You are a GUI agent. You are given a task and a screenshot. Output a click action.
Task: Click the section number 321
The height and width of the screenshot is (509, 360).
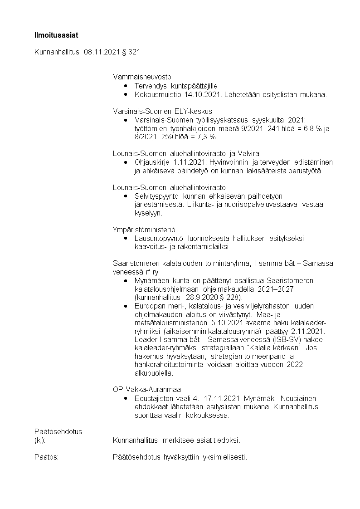[134, 52]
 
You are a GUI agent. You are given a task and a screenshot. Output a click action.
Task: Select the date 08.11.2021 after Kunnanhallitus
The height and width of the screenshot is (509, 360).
[101, 52]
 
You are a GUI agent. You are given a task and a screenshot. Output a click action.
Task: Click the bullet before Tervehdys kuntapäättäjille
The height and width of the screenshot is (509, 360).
[126, 86]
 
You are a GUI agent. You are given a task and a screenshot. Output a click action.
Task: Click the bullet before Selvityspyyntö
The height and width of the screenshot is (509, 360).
[126, 196]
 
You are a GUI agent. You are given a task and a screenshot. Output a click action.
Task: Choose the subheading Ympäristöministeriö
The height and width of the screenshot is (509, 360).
[144, 230]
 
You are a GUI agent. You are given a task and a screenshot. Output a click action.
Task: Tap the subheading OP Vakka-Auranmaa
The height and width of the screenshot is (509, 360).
[146, 389]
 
